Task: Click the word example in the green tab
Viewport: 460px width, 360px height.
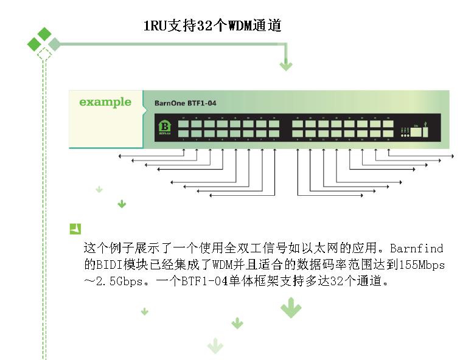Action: (x=105, y=102)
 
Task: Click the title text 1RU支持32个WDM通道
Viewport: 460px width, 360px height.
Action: (x=212, y=26)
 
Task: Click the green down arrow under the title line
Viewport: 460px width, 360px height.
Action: (x=285, y=64)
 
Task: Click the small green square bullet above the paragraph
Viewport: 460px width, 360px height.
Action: (x=75, y=229)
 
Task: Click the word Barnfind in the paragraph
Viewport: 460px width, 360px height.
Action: (x=416, y=249)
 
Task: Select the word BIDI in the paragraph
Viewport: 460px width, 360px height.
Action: (x=107, y=266)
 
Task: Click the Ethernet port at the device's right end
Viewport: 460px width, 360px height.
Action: (x=416, y=130)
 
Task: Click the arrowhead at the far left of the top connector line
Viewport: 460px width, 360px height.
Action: (x=120, y=156)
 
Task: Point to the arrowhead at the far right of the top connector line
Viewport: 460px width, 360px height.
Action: (x=448, y=156)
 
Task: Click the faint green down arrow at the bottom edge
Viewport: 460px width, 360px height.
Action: (x=215, y=346)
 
